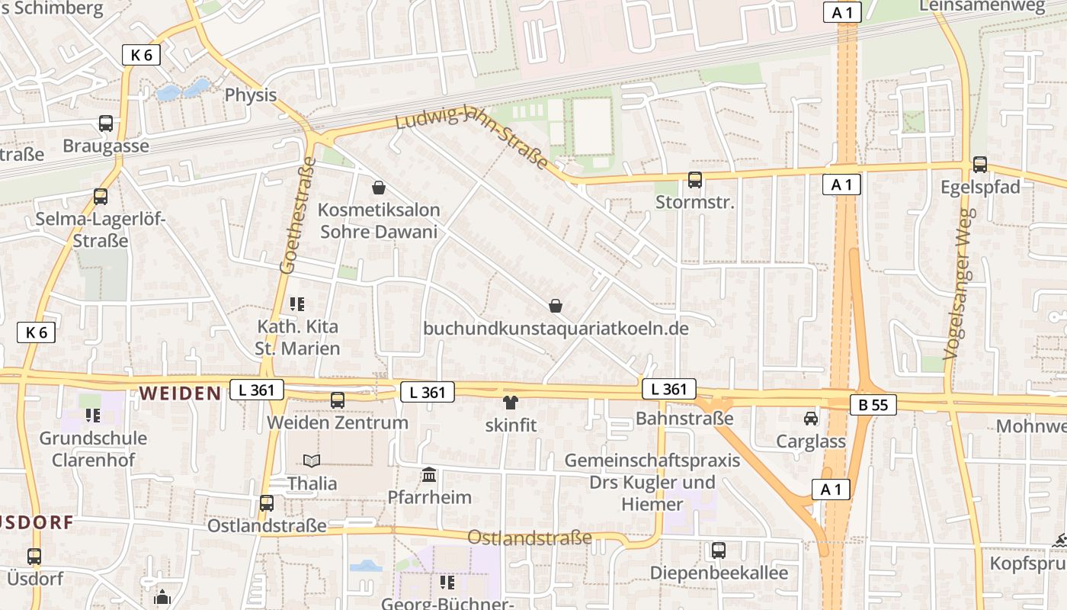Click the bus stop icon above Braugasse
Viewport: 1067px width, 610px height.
pos(106,124)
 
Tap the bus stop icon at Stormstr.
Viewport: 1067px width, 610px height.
pos(694,180)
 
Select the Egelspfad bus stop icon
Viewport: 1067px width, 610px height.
pos(980,165)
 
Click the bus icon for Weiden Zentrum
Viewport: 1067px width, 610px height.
pos(337,400)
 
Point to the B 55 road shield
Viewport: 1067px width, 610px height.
pos(873,405)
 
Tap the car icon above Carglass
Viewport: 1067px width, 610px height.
pos(811,419)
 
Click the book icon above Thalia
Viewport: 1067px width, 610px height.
pos(312,461)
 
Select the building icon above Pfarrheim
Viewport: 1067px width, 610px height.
pos(429,475)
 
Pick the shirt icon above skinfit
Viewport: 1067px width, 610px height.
pos(510,403)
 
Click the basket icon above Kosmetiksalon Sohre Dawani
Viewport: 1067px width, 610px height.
pos(379,188)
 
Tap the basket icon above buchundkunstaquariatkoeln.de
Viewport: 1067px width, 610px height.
pos(556,306)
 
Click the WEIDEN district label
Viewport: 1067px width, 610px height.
pos(180,393)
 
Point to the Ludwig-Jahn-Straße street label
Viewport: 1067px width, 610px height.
pos(472,138)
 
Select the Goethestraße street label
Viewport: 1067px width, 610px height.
pos(298,215)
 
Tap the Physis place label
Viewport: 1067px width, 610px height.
pos(251,95)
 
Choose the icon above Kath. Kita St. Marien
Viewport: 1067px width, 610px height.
pos(297,305)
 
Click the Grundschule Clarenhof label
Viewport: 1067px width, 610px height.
pos(93,449)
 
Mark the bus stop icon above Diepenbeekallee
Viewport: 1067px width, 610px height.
pos(718,550)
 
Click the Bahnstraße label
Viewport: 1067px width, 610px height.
pos(684,419)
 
